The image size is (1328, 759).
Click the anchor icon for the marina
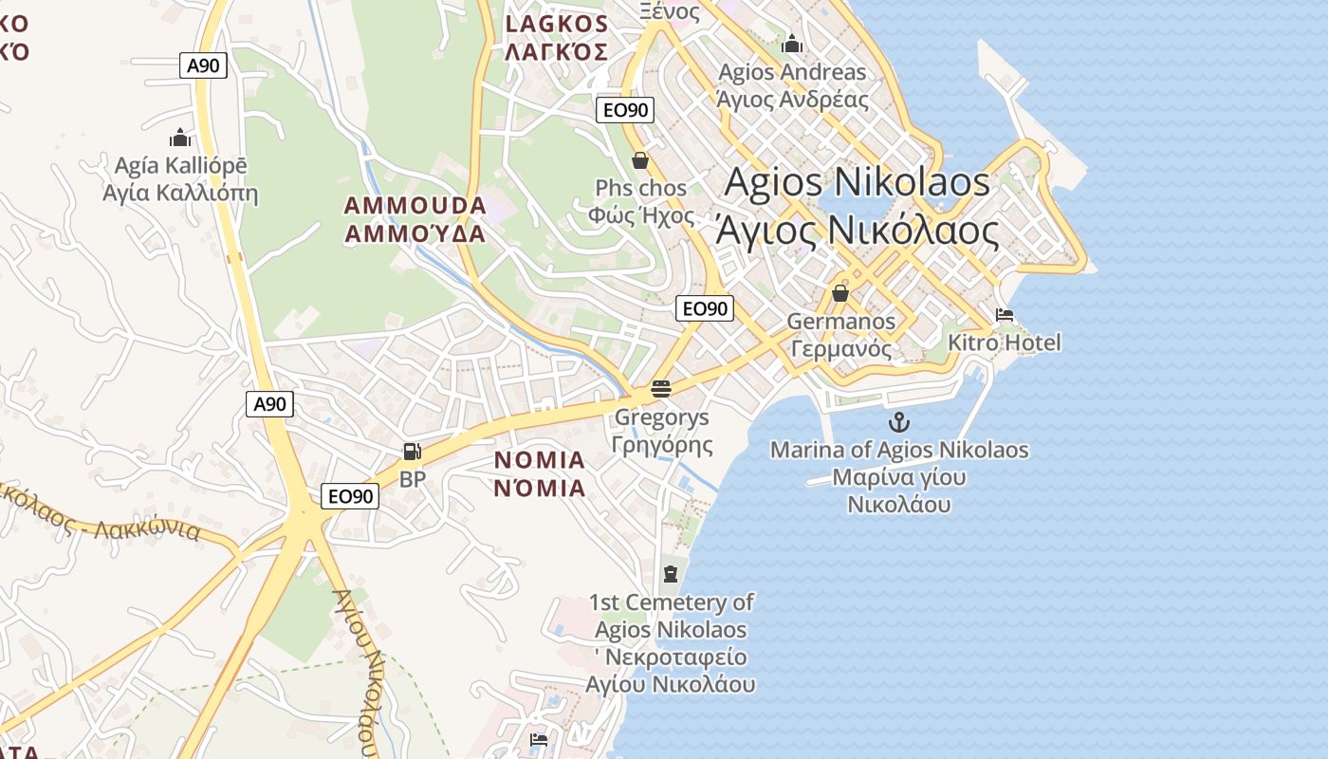point(898,423)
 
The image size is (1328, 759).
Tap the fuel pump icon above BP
point(412,453)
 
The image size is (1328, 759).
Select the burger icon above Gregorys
point(661,389)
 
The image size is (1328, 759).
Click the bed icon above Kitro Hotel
point(1005,315)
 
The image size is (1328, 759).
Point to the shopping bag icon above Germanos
point(839,293)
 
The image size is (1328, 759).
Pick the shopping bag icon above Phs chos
point(640,159)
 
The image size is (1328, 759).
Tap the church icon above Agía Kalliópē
point(180,139)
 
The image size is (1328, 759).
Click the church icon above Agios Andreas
point(792,44)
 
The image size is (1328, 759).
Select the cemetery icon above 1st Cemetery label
point(671,573)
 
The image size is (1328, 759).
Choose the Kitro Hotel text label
point(1005,342)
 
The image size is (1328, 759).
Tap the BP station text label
point(413,479)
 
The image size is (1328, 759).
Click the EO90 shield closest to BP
point(349,496)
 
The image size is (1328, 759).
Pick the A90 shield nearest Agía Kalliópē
point(203,65)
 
